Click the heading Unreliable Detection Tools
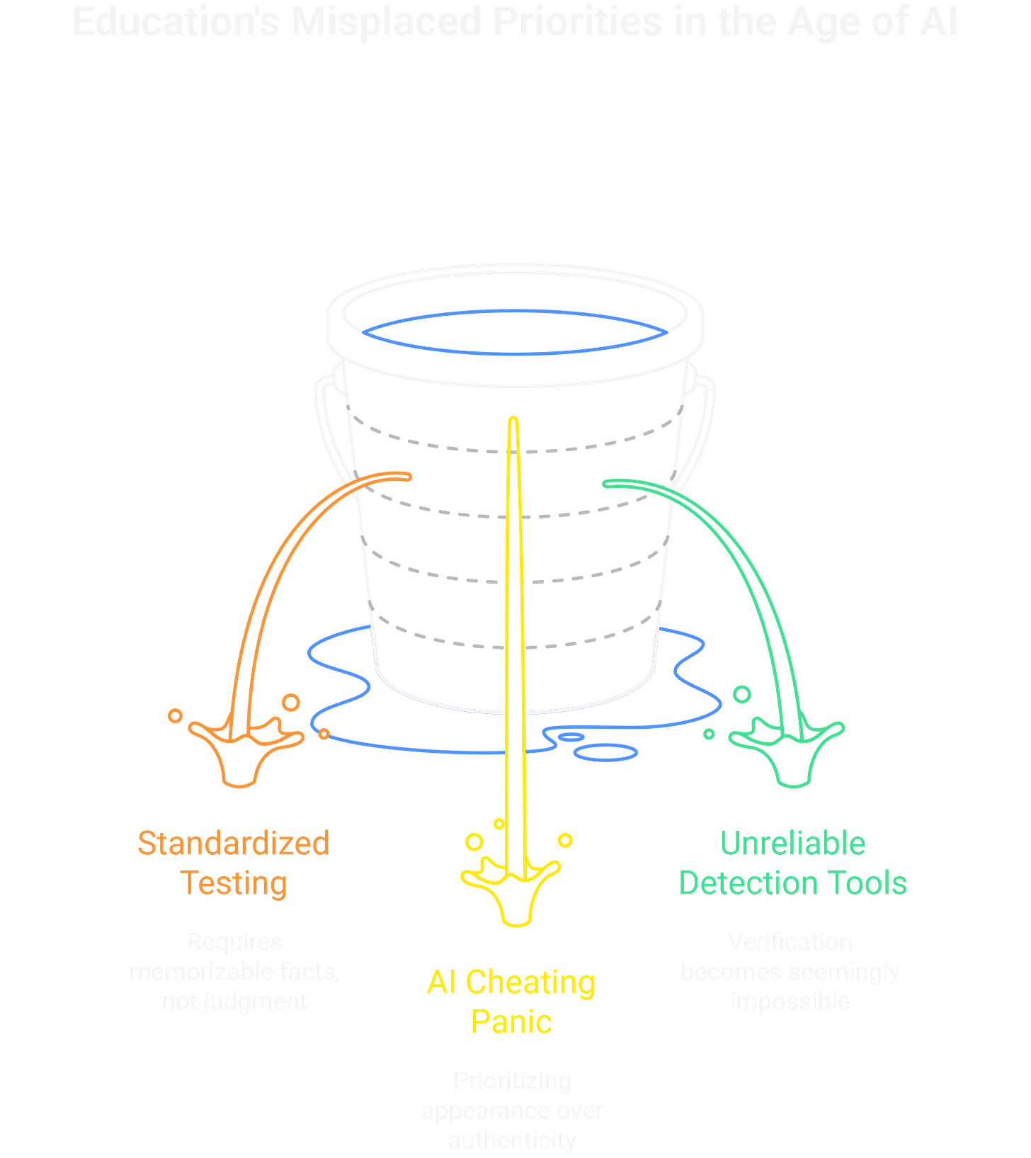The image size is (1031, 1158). click(793, 863)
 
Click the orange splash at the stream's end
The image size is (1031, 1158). click(240, 751)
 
